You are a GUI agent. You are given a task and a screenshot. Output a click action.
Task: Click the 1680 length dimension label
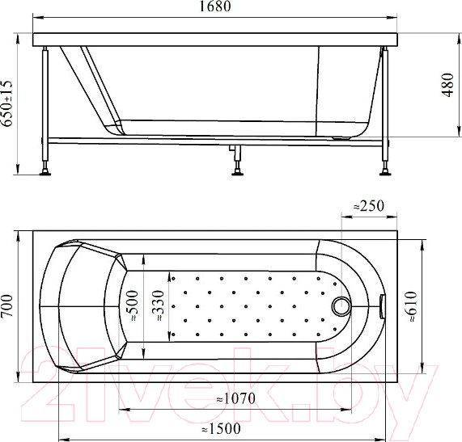click(x=215, y=6)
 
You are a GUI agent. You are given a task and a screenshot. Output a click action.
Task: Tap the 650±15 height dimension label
click(x=7, y=103)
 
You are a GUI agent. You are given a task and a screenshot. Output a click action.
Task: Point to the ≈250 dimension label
click(x=369, y=206)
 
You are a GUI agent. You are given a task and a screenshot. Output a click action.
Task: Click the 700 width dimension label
click(x=7, y=305)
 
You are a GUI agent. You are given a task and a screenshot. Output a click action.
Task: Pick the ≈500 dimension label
click(x=132, y=305)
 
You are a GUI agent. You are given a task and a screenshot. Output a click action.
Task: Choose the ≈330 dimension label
click(x=158, y=305)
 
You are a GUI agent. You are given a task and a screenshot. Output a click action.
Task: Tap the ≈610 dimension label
click(x=411, y=306)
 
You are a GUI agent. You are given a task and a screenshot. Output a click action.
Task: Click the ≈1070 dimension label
click(x=236, y=399)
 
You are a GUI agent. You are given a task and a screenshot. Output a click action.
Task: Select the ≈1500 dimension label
click(x=221, y=429)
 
